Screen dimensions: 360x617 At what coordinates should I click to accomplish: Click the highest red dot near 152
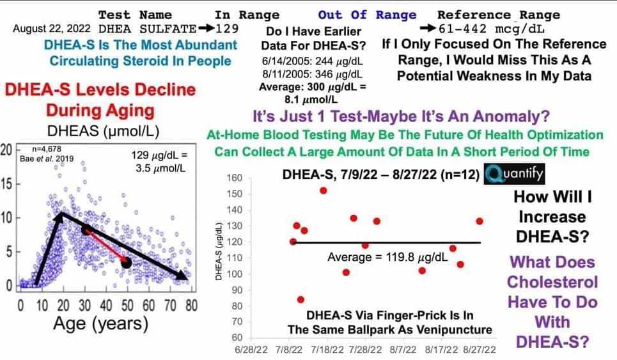click(x=324, y=191)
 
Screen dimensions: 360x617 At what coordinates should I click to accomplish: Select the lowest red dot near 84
click(x=301, y=299)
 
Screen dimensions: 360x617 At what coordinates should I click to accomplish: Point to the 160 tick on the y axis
click(x=236, y=178)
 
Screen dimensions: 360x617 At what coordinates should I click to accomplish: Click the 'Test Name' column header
click(x=135, y=14)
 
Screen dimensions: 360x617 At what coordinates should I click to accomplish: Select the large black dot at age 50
click(x=126, y=263)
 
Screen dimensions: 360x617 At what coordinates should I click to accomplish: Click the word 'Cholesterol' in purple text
click(x=552, y=281)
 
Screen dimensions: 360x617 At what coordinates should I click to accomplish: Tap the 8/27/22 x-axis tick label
click(x=480, y=351)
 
